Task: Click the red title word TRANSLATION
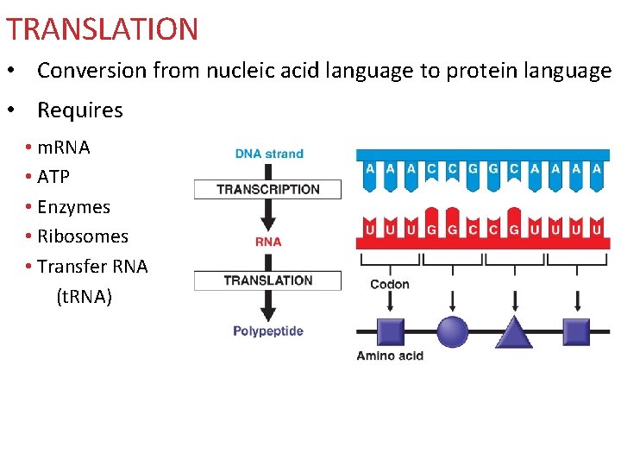(x=102, y=29)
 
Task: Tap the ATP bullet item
(x=53, y=177)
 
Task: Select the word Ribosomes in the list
(x=83, y=236)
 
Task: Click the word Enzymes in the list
(x=73, y=207)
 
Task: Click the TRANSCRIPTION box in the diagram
(x=267, y=189)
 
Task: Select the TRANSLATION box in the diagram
(x=267, y=280)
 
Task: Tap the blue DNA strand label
(x=269, y=154)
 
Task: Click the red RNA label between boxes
(x=268, y=242)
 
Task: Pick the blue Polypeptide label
(x=268, y=331)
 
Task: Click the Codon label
(x=390, y=285)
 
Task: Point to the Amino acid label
(x=390, y=356)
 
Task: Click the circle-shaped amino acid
(x=453, y=332)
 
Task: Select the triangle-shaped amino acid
(x=514, y=332)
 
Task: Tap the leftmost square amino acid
(x=391, y=332)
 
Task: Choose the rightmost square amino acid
(x=576, y=332)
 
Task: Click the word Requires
(x=80, y=110)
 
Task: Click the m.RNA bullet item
(x=63, y=148)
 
